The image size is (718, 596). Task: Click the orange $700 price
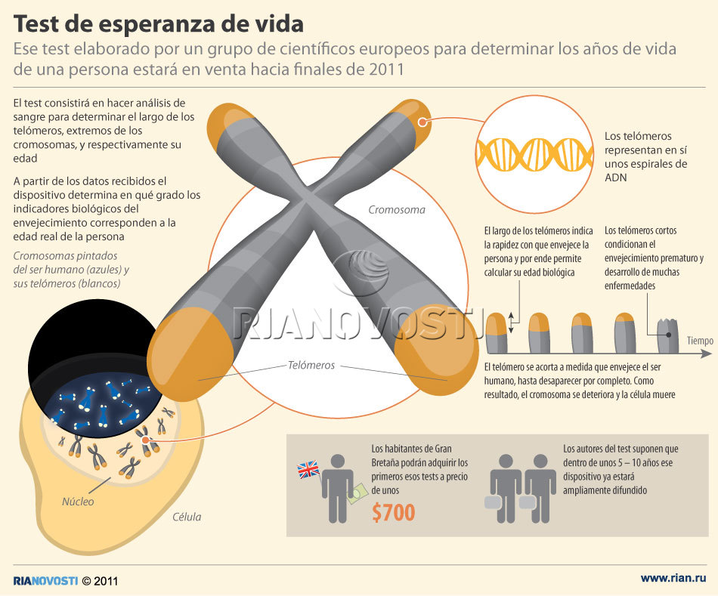tap(394, 513)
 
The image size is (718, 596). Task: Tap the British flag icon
tap(308, 471)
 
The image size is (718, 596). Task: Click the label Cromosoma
tap(396, 210)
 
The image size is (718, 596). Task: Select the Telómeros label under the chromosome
tap(311, 365)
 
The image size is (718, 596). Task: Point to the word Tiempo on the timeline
tap(700, 341)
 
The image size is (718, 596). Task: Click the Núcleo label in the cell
tap(79, 501)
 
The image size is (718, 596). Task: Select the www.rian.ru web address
tap(673, 578)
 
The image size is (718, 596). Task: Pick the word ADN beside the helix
tap(616, 178)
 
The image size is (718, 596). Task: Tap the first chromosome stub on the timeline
tap(496, 334)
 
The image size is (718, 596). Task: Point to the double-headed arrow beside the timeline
tap(511, 323)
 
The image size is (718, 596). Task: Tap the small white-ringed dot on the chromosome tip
tap(422, 121)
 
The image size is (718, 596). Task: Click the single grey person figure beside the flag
tap(337, 486)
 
